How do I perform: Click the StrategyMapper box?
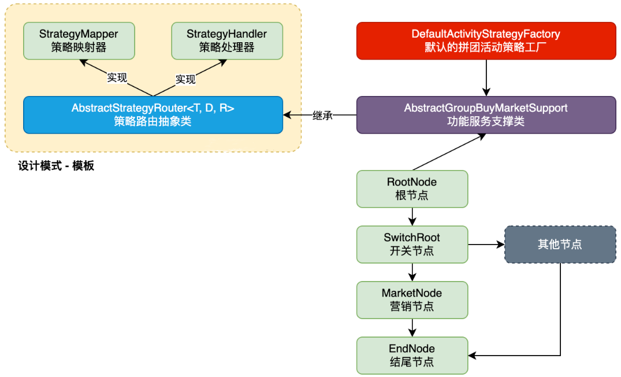click(x=79, y=41)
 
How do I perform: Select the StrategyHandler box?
click(x=227, y=41)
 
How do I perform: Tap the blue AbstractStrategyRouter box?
click(x=153, y=115)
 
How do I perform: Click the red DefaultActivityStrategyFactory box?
click(x=486, y=41)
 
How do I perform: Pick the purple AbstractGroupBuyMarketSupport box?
click(x=486, y=115)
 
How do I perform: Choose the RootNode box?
click(x=412, y=189)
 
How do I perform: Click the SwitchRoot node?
click(x=412, y=245)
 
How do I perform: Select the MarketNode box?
click(x=412, y=300)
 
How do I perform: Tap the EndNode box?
click(x=412, y=356)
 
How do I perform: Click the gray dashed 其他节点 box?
click(x=560, y=245)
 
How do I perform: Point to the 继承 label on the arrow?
click(x=322, y=116)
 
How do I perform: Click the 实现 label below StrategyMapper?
click(x=117, y=77)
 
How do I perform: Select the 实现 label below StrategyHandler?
click(x=185, y=79)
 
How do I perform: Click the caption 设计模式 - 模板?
click(x=56, y=166)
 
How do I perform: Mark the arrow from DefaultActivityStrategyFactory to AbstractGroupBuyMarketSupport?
click(x=486, y=78)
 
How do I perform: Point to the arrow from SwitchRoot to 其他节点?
click(x=486, y=245)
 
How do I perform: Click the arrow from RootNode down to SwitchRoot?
click(x=412, y=217)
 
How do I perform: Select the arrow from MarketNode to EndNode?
click(x=412, y=328)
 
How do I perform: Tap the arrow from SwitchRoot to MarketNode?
click(x=412, y=272)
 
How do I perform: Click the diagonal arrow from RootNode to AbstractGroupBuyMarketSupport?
click(x=449, y=152)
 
